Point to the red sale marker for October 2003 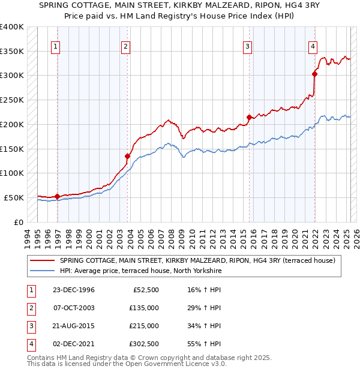tap(127, 156)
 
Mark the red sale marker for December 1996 tap(57, 196)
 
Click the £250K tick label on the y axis tap(12, 100)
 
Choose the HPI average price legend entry tap(141, 271)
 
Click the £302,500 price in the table tap(143, 344)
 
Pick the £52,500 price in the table tap(145, 290)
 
